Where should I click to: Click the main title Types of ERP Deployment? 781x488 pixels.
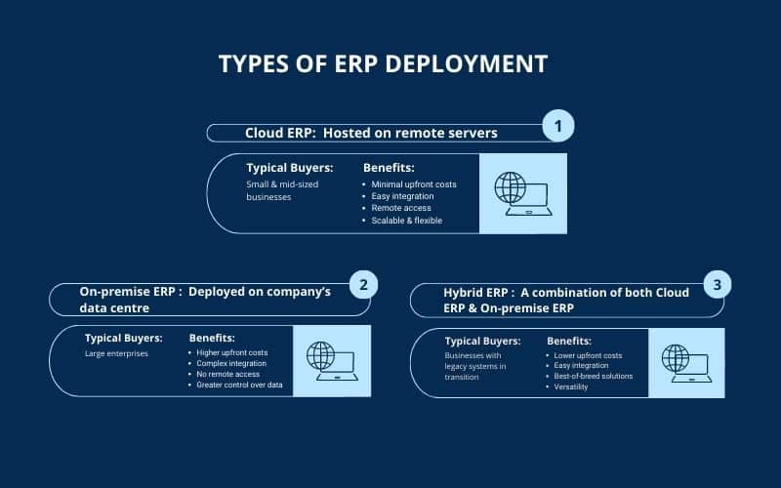tap(383, 63)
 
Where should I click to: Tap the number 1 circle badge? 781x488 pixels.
tap(557, 126)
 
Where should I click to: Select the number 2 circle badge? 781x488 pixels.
tap(363, 285)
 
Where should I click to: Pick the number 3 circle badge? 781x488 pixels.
tap(718, 285)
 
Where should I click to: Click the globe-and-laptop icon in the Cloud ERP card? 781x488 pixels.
tap(522, 193)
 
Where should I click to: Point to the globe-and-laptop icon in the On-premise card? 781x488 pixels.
tap(332, 360)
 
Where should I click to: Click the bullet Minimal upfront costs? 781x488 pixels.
tap(414, 183)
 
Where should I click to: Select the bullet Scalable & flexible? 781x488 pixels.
tap(407, 221)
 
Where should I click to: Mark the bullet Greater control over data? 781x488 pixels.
tap(239, 386)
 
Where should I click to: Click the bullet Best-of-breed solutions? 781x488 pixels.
tap(593, 376)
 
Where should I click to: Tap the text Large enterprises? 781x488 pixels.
tap(116, 353)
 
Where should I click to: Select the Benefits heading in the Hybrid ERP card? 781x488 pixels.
tap(568, 341)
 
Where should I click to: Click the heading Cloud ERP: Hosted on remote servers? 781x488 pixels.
tap(371, 133)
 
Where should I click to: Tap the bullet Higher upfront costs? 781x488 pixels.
tap(231, 352)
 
